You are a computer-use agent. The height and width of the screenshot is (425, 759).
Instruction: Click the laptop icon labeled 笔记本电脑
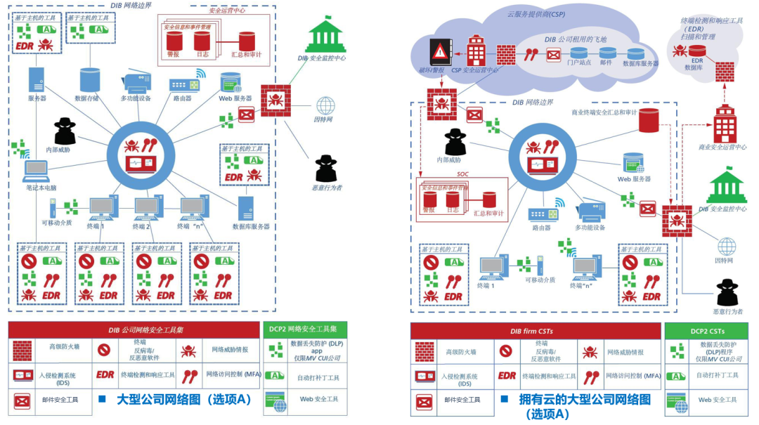(x=35, y=170)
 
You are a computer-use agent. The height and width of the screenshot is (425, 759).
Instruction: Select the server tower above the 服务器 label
(x=37, y=80)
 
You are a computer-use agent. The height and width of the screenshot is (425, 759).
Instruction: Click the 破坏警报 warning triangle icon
(x=441, y=51)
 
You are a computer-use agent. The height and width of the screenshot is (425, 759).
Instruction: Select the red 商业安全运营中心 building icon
(x=724, y=125)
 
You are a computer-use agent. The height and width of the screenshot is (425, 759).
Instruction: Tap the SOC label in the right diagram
(x=462, y=174)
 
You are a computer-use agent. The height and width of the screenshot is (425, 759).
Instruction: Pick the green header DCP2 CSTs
(x=707, y=331)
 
